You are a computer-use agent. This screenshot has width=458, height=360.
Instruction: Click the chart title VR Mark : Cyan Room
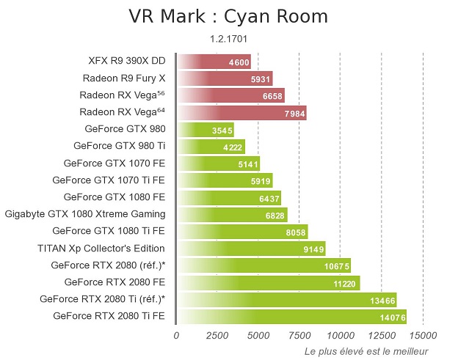[228, 17]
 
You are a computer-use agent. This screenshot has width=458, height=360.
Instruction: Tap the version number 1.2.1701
[229, 39]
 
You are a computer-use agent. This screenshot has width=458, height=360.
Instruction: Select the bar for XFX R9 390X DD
[214, 62]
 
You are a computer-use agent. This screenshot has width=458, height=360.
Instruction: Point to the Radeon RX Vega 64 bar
[241, 112]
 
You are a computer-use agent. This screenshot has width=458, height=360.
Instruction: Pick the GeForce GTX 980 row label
[126, 129]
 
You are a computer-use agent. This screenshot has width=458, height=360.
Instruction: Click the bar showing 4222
[211, 146]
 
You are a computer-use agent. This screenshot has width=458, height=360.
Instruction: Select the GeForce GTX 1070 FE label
[114, 163]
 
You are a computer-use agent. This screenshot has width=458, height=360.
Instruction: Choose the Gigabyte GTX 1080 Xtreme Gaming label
[85, 214]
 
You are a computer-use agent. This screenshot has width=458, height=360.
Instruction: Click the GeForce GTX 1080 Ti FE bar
[242, 231]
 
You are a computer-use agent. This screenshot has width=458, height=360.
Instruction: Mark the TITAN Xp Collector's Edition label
[101, 248]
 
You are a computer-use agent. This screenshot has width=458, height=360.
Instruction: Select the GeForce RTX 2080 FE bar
[268, 282]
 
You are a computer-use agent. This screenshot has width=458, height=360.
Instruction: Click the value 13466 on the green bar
[382, 298]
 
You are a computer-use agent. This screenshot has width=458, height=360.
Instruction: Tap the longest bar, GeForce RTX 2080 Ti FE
[291, 316]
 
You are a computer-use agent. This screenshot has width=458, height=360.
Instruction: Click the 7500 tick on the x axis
[299, 336]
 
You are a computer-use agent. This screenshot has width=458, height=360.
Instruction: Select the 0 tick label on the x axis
[176, 336]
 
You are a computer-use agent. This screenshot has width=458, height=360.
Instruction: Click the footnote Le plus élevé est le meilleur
[366, 351]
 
